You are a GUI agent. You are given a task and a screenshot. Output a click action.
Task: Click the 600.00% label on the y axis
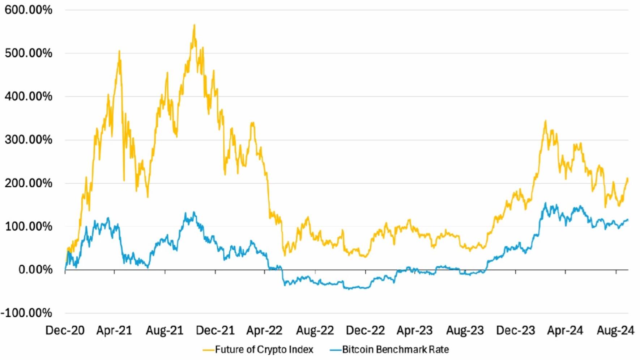[28, 10]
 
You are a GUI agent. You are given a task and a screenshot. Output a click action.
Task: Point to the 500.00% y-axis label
[28, 53]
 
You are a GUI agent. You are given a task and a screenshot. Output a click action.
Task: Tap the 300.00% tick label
[28, 140]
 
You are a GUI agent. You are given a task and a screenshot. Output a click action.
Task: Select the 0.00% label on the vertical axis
[35, 270]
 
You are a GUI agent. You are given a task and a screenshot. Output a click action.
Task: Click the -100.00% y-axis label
[26, 313]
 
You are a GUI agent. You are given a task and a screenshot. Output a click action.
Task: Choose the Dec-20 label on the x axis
[65, 330]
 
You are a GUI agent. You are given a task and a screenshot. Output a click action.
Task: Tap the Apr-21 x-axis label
[114, 330]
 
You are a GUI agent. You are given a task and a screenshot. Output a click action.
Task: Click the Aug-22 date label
[315, 330]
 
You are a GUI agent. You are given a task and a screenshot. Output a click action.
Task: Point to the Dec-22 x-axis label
[365, 330]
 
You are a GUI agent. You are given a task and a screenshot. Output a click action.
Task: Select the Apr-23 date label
[415, 330]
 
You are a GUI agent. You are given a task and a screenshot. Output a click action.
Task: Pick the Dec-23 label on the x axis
[516, 330]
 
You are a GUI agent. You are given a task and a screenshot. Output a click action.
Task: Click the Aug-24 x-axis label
[615, 330]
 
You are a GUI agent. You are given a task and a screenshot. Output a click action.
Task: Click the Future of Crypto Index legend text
[264, 350]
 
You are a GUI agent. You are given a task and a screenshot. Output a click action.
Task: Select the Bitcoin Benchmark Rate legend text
[396, 350]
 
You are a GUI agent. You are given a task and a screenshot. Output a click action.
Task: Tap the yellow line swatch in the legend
[208, 350]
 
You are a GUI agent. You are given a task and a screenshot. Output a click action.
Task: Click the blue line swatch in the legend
[336, 350]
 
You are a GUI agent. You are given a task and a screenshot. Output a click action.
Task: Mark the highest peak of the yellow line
[194, 25]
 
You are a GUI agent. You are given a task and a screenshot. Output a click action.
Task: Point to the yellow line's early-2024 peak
[545, 121]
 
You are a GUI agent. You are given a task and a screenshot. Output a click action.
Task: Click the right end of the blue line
[628, 220]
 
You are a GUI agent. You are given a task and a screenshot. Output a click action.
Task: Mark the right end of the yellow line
[628, 179]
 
